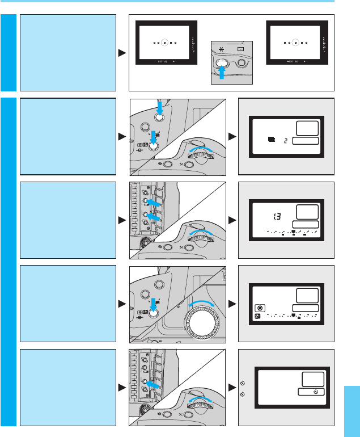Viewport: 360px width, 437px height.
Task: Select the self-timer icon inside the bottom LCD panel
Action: [x=308, y=391]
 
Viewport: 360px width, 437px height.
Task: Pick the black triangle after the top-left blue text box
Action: [x=122, y=53]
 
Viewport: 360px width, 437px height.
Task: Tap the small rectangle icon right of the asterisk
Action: [x=240, y=49]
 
